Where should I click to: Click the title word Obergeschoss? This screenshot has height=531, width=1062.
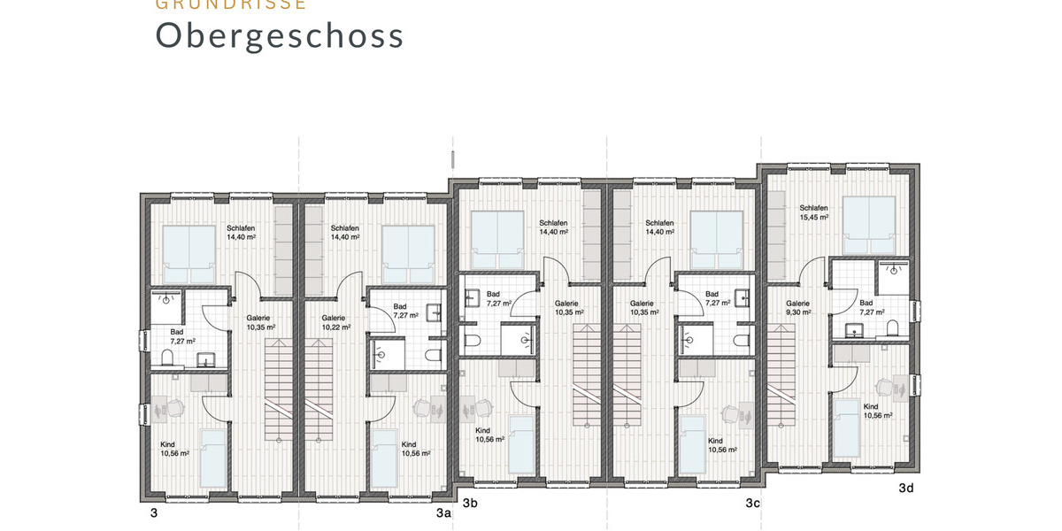click(x=280, y=35)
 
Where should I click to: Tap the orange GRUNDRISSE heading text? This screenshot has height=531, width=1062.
click(x=231, y=4)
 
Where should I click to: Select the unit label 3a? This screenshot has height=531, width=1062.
click(x=443, y=512)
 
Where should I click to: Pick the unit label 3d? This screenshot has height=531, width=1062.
click(x=905, y=488)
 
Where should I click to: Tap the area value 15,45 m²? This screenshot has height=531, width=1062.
click(x=814, y=217)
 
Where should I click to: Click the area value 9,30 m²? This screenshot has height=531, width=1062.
click(x=798, y=313)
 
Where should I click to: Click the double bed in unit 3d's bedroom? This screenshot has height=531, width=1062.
click(x=869, y=222)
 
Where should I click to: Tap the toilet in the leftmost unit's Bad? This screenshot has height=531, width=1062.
click(x=166, y=358)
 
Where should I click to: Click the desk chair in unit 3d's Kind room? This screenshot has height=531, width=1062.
click(x=882, y=386)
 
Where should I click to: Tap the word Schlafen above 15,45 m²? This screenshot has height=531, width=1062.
click(x=813, y=207)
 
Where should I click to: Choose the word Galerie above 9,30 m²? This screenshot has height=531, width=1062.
click(x=798, y=304)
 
